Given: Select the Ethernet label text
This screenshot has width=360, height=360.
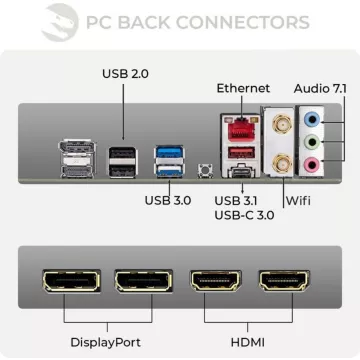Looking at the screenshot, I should (x=243, y=89).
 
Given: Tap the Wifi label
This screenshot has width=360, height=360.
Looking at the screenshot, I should (x=298, y=200).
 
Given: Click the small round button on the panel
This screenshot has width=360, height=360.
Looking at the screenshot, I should (x=207, y=172).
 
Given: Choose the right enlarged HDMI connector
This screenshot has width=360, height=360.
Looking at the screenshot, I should (x=283, y=282).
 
